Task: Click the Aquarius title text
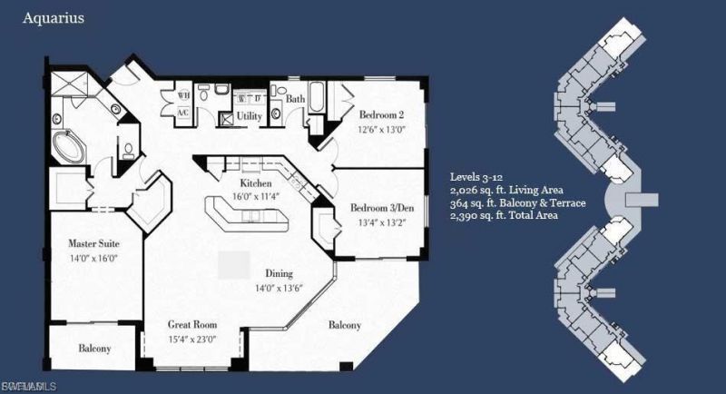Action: [54, 17]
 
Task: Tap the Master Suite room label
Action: [94, 243]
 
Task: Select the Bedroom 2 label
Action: [382, 115]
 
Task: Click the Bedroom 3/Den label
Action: [381, 208]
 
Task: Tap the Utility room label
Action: [250, 116]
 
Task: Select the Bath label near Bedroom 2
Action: [296, 98]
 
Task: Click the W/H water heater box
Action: [182, 95]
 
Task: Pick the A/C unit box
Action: [182, 113]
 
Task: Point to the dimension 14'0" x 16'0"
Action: [94, 257]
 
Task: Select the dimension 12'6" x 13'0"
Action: [382, 129]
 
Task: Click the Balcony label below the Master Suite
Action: [94, 349]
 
